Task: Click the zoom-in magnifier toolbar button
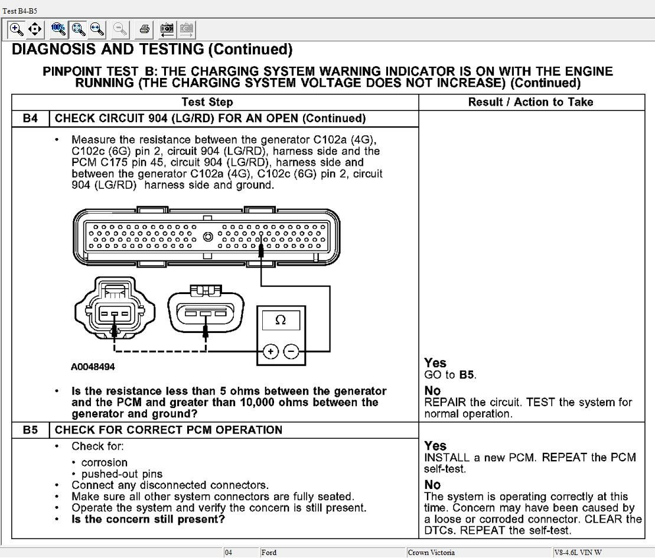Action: (17, 29)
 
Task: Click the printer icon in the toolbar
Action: (145, 29)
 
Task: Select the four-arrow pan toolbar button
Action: (35, 29)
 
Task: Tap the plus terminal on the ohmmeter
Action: (271, 352)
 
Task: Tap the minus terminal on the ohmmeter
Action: (291, 352)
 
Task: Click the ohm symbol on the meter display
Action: (281, 320)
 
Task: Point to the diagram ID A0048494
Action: (93, 367)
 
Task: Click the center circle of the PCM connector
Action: (207, 237)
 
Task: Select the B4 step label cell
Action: (30, 119)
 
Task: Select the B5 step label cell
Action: (30, 430)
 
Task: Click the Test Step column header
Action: (207, 102)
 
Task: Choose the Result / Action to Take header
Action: (530, 102)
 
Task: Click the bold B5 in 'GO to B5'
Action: (467, 375)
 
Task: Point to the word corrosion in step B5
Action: (105, 462)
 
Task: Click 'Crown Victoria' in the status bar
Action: (431, 553)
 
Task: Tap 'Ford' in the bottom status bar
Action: (269, 553)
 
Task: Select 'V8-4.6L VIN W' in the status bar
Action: (578, 553)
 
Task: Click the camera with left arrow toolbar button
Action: (167, 29)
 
